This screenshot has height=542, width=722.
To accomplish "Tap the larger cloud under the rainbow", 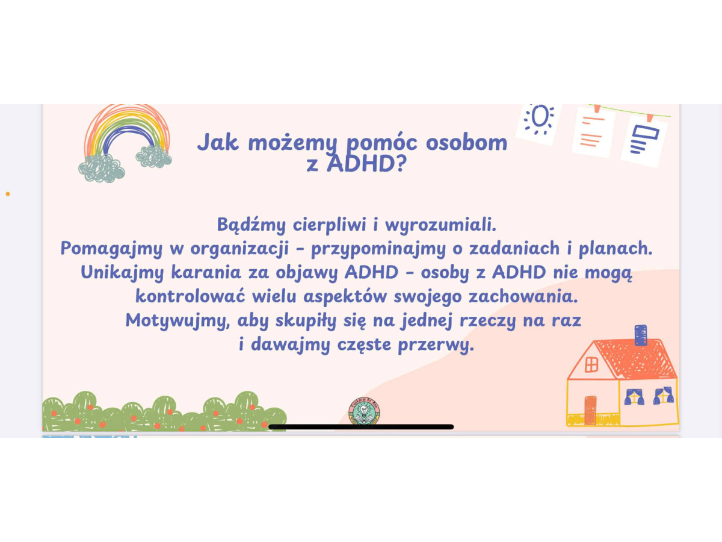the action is point(102,168).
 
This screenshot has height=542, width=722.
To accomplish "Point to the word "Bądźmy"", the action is point(251,225).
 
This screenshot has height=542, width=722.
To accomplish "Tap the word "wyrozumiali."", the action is point(440,225).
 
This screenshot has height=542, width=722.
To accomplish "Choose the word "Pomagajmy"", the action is point(111,249).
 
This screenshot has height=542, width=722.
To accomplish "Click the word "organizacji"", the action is point(239,249).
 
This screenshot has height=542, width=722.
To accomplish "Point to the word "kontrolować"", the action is point(190,296).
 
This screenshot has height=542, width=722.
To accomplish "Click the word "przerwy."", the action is point(436,345).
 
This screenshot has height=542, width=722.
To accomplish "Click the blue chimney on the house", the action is point(640,335).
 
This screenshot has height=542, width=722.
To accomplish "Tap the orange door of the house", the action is point(590,410).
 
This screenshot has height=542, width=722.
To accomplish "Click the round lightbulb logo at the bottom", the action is point(364,411).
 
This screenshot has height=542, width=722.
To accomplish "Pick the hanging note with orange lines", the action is point(593,132).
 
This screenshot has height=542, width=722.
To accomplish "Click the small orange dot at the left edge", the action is point(8,194).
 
